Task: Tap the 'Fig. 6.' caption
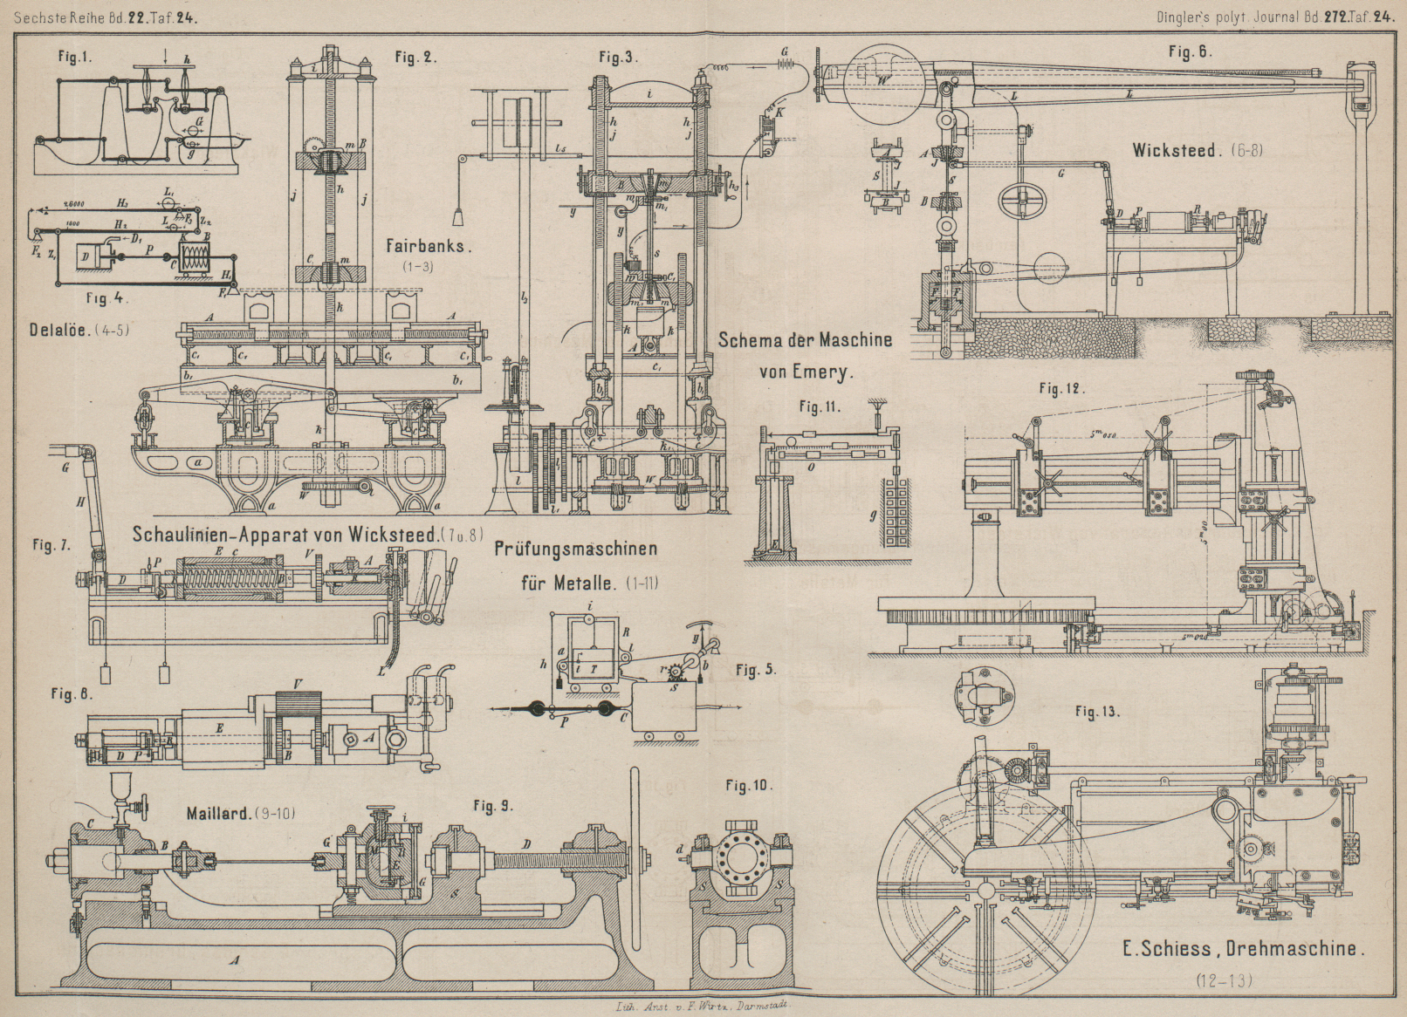1190,51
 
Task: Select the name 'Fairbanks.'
429,246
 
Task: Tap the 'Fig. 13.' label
1097,712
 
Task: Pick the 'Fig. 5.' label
755,670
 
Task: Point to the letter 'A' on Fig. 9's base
233,959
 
